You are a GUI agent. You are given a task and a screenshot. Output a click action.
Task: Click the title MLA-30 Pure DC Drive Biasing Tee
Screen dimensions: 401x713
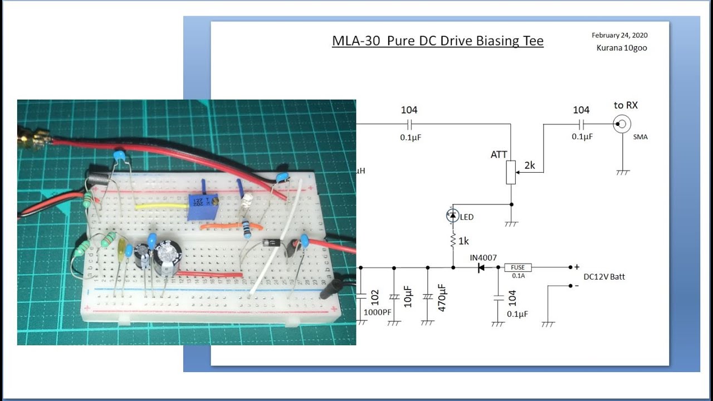coord(437,41)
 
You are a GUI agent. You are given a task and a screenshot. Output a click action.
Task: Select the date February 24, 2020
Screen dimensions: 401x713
coord(619,35)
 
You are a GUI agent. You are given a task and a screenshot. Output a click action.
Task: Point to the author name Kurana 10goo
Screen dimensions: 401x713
coord(622,48)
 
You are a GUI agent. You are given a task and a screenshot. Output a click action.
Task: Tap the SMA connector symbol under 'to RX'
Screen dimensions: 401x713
coord(622,124)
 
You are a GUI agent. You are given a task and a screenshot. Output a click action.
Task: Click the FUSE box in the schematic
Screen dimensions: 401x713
coord(518,267)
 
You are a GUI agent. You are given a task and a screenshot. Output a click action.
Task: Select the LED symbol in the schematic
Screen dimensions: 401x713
coord(453,215)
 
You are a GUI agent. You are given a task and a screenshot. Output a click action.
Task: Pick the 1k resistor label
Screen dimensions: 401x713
coord(463,241)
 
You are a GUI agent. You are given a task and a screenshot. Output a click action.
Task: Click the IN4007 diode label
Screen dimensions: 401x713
coord(482,257)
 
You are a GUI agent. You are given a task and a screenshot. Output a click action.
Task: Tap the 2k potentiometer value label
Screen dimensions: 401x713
coord(530,165)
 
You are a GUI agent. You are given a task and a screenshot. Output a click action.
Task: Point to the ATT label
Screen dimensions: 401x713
coord(499,154)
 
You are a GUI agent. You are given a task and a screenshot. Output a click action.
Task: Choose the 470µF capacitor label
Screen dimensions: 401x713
coord(442,297)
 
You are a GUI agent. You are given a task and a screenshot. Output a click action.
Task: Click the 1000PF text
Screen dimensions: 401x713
coord(377,312)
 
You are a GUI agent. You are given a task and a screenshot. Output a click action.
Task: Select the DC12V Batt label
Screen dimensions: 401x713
coord(604,277)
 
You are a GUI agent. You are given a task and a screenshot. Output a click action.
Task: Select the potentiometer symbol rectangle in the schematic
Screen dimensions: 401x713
coord(511,173)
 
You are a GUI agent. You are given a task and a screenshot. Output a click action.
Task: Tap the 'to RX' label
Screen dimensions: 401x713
coord(626,105)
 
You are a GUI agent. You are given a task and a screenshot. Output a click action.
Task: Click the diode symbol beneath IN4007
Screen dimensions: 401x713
coord(479,268)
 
